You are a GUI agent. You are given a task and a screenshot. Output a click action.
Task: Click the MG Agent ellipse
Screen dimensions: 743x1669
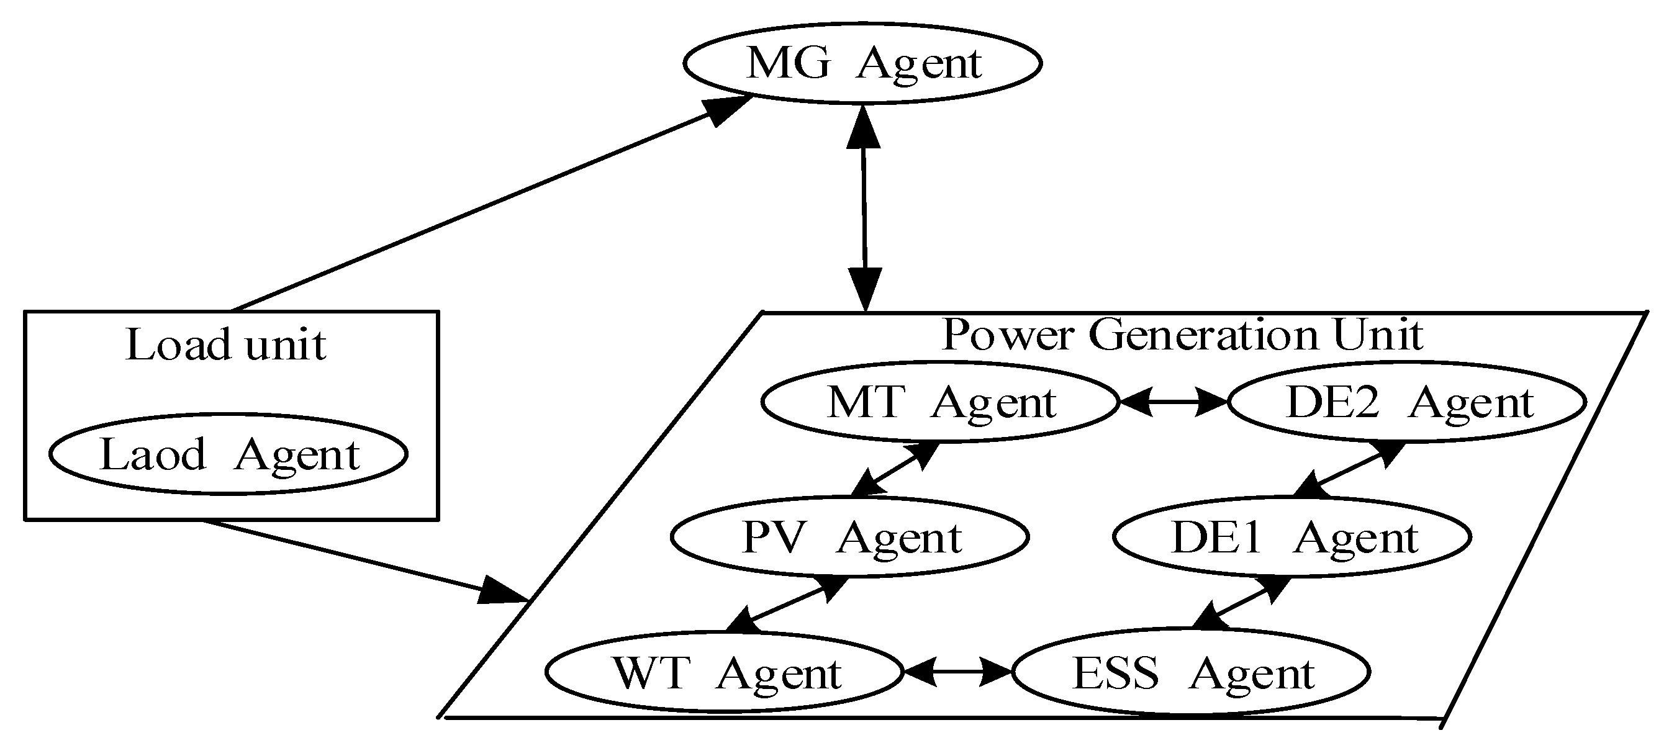point(862,63)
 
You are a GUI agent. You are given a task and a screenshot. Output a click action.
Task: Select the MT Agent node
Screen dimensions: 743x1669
point(939,402)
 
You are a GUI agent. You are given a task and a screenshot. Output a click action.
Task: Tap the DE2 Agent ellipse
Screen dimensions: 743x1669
point(1406,402)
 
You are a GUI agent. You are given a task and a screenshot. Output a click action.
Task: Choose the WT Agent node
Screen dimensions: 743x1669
point(724,672)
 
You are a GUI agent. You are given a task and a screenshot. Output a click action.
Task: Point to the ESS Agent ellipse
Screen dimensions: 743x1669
point(1191,672)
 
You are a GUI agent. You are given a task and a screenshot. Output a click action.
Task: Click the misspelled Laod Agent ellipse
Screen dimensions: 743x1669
point(228,454)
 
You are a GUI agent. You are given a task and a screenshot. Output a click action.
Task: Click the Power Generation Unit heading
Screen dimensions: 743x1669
point(1182,335)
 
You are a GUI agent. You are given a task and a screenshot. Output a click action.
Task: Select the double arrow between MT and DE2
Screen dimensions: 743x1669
point(1174,402)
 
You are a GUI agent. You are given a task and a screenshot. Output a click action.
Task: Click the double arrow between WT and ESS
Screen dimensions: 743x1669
point(957,672)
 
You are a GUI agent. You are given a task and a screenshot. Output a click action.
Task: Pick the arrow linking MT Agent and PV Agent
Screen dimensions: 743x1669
point(895,470)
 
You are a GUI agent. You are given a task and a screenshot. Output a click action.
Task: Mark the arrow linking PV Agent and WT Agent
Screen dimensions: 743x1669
point(787,604)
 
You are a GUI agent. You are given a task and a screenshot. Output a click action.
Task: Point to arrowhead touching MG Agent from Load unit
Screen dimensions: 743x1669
point(725,110)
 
